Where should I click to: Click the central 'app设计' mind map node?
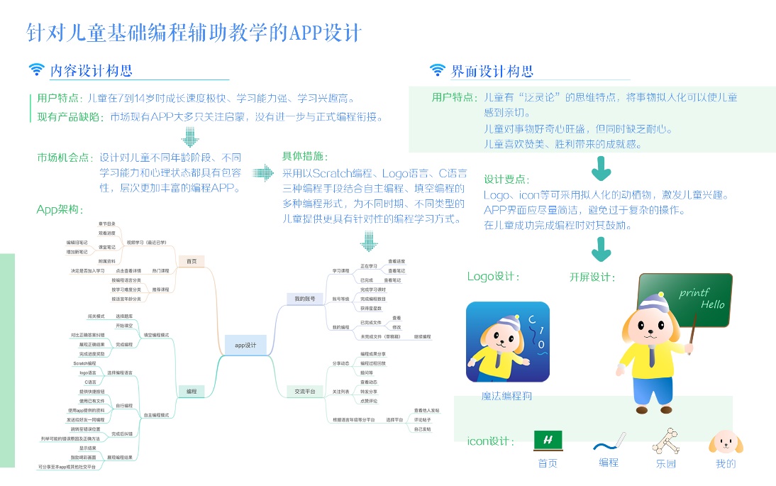coord(245,345)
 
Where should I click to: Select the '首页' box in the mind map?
coord(192,261)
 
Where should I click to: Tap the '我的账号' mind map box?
coord(305,299)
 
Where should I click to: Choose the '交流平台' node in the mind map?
coord(305,391)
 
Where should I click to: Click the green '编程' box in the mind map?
coord(192,390)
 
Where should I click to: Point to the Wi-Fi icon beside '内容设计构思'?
coord(36,70)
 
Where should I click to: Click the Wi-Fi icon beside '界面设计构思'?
coord(437,70)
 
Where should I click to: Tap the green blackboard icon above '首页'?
coord(548,440)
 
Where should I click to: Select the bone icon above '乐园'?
coord(666,441)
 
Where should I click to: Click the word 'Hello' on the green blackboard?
coord(712,304)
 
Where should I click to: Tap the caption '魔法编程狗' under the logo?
coord(506,397)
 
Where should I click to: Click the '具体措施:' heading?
coord(306,156)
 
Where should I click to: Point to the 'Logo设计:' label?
coord(493,276)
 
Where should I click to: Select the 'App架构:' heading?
coord(60,209)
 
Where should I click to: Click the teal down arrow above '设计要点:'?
coord(602,169)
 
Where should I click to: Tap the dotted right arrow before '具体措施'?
coord(264,172)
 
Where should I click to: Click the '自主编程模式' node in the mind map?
coord(156,414)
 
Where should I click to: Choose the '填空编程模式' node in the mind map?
coord(156,334)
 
